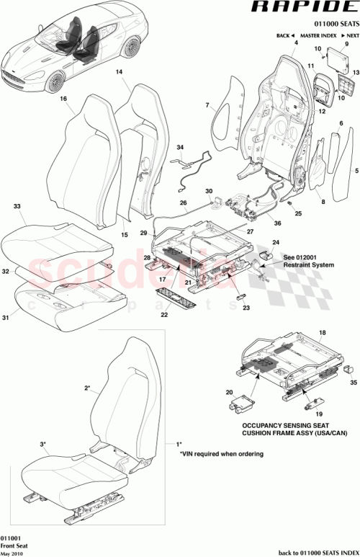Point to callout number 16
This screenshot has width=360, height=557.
[63, 99]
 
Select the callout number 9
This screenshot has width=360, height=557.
[346, 44]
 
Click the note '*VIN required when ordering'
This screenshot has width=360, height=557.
[220, 454]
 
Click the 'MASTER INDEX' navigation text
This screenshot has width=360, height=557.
[319, 35]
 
